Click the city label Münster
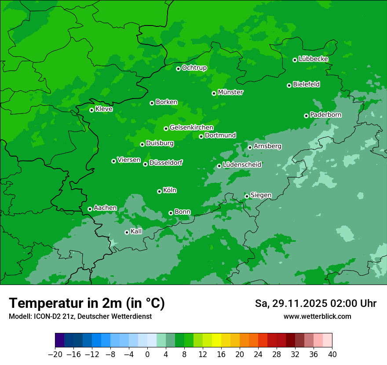(230, 92)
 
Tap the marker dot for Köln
(159, 191)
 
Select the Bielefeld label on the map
(306, 84)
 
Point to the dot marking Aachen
(90, 209)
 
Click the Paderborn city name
(325, 115)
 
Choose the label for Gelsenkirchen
(191, 128)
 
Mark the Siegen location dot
(247, 196)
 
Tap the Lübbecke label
(313, 59)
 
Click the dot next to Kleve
(91, 110)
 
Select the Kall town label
(136, 231)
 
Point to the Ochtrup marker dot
(178, 69)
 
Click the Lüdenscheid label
(242, 165)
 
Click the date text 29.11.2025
(299, 303)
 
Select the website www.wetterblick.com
(317, 316)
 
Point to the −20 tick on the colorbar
(55, 354)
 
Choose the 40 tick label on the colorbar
(332, 354)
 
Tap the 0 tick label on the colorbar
(147, 354)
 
